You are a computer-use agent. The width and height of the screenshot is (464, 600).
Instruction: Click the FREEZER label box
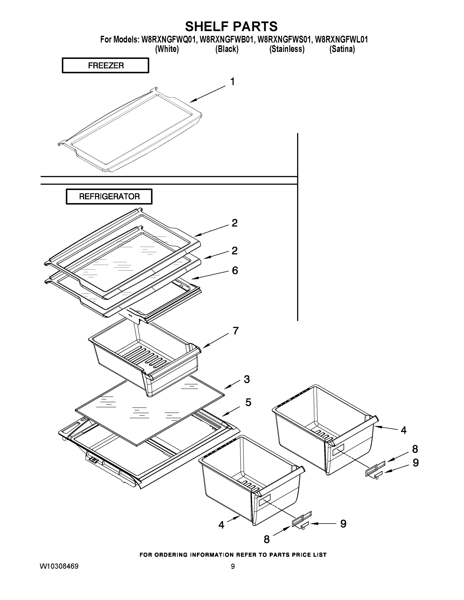106,65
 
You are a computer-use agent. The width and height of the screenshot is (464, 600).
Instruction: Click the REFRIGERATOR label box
109,196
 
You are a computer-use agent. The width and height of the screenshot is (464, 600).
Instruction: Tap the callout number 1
232,81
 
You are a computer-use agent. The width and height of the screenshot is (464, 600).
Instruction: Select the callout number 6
235,270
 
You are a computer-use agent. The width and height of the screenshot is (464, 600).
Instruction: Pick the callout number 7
236,331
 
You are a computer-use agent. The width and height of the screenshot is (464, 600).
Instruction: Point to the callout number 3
247,379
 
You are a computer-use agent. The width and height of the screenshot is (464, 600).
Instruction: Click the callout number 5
248,402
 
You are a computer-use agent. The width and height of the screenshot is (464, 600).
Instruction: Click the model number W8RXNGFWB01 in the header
226,39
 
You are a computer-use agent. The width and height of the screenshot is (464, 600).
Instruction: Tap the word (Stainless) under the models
287,49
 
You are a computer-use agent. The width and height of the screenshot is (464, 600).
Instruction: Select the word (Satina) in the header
342,49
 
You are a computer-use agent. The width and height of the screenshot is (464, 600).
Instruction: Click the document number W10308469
59,566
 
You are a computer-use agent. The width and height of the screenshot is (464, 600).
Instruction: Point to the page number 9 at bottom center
233,566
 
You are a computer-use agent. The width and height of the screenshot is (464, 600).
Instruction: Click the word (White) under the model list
167,49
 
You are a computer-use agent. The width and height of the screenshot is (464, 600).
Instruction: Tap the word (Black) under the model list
227,49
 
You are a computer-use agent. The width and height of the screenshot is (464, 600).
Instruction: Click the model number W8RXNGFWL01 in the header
341,39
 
